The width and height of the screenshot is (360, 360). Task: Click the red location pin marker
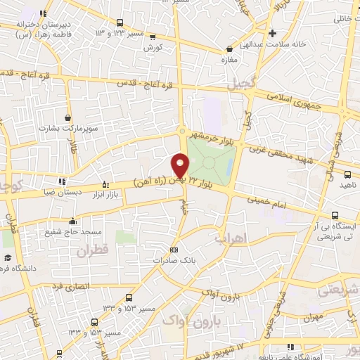click(x=181, y=165)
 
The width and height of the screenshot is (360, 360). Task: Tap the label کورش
click(x=153, y=48)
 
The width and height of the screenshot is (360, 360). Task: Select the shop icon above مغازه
click(x=230, y=49)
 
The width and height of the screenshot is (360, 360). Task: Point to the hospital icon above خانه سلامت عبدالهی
click(x=272, y=32)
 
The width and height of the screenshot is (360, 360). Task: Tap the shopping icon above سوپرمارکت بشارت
click(x=67, y=118)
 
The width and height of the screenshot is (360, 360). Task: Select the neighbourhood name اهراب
click(x=230, y=240)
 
